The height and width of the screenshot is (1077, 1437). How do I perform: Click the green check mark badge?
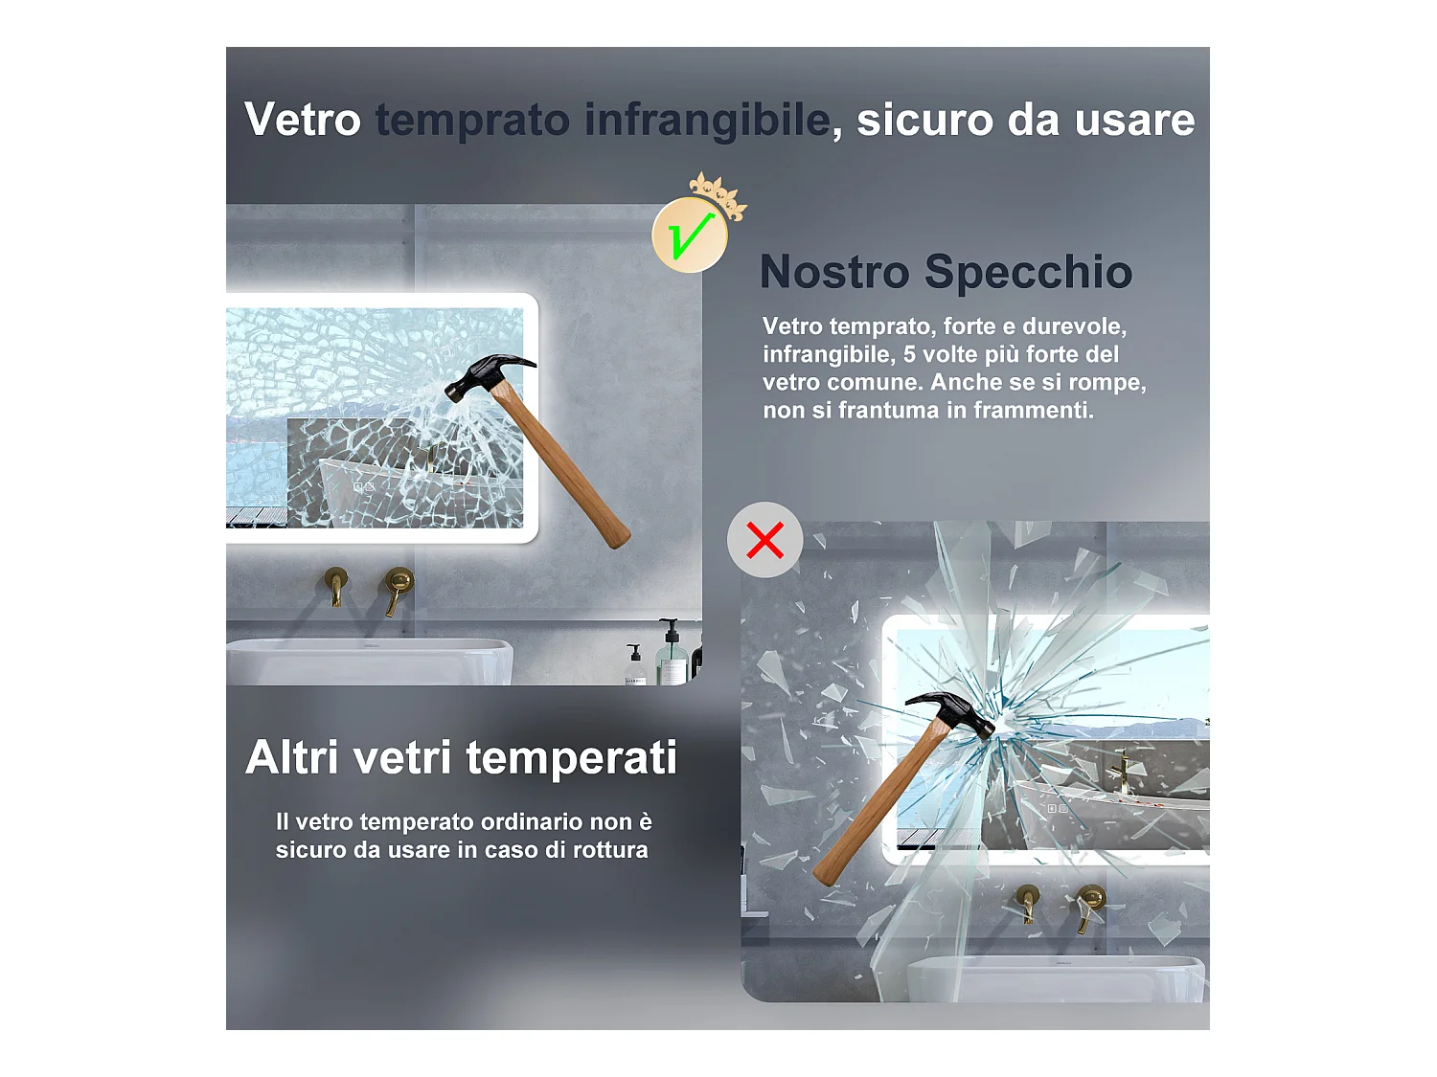[690, 235]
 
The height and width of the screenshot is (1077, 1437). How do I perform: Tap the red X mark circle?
[764, 540]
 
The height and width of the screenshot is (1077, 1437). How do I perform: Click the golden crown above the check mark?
[718, 195]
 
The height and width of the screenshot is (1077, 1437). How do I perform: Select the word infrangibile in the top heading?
[708, 121]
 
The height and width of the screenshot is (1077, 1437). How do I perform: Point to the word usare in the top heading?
[1134, 121]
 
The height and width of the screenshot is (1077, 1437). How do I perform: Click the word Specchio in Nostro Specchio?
[1029, 273]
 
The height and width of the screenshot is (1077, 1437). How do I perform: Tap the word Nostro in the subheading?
[834, 272]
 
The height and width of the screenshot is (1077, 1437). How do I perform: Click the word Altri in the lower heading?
[292, 757]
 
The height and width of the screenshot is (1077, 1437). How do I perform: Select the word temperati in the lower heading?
[571, 759]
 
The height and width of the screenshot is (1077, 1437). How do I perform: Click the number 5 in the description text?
[909, 354]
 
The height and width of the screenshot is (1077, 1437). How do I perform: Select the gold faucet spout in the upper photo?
[336, 587]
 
